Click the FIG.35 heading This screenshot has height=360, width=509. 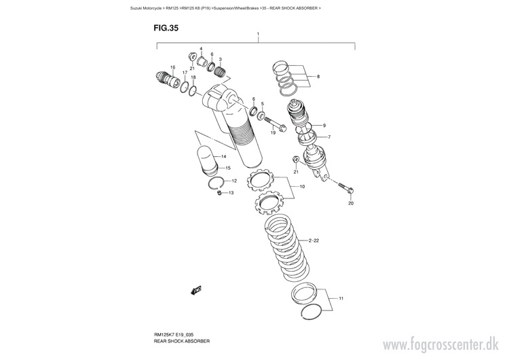166,28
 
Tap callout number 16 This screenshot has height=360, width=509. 172,67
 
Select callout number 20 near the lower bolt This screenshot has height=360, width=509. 351,203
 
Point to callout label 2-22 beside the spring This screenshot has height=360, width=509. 314,240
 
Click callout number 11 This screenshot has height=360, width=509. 341,298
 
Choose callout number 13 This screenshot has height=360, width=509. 231,193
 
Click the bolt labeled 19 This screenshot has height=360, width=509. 275,124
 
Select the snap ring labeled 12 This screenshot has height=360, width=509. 214,183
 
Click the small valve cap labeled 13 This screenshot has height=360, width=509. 219,194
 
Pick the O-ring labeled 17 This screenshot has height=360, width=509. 184,87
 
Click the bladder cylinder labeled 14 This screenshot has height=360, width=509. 207,160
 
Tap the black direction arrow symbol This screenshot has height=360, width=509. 196,290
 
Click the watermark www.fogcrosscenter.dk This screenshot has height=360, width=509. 440,345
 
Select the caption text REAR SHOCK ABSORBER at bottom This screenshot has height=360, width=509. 182,341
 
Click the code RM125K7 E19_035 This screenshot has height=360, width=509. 174,335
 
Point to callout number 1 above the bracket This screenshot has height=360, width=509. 258,34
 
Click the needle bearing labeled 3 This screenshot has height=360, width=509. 221,71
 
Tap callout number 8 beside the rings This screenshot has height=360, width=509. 318,77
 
